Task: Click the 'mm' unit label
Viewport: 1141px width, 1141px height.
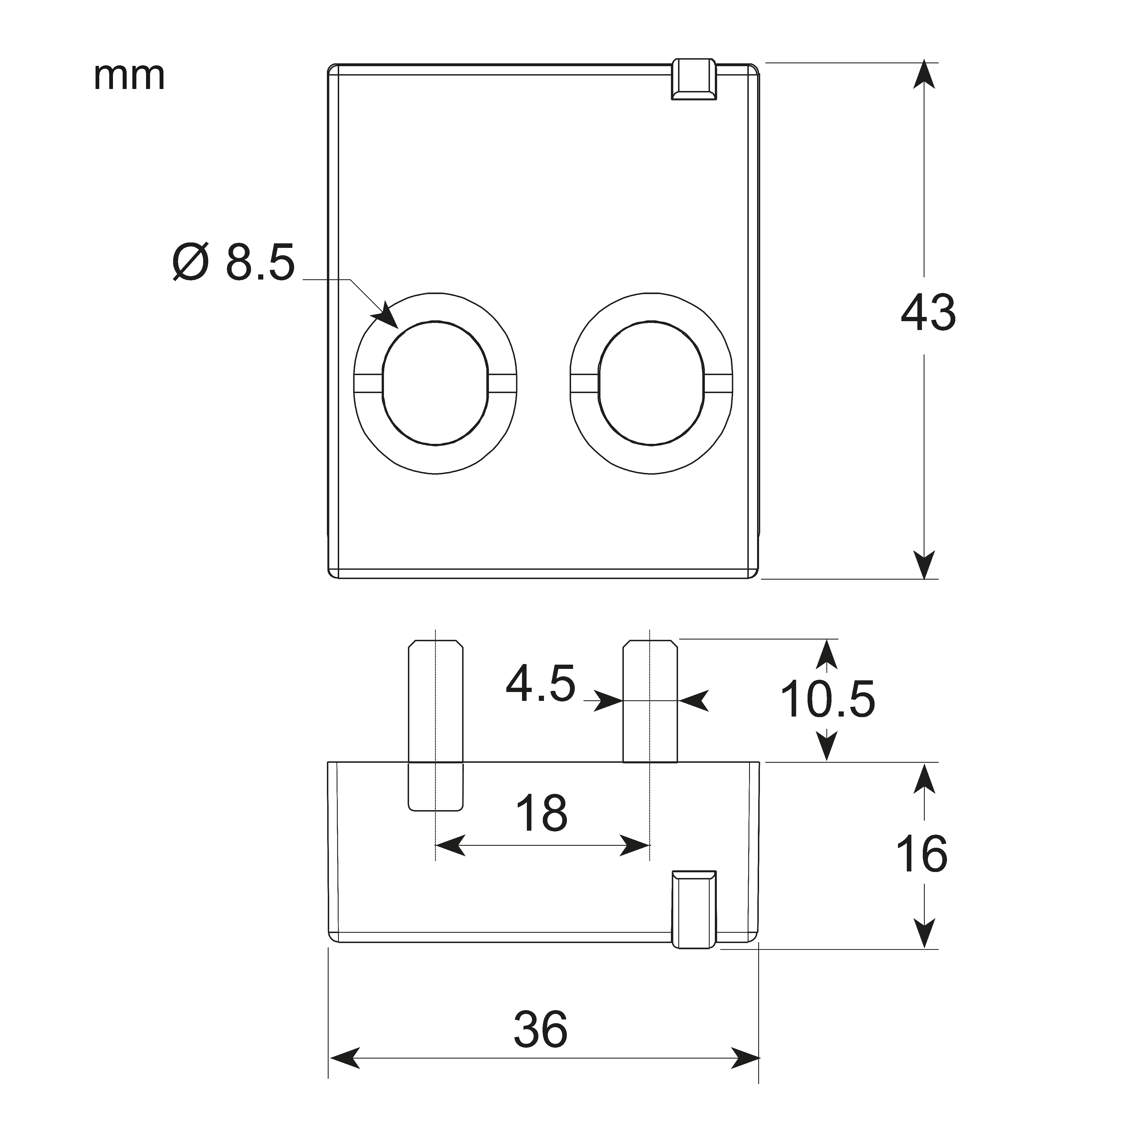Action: click(x=129, y=77)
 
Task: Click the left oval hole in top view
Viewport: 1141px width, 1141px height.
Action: click(x=435, y=383)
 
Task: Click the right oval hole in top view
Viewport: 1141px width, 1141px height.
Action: click(x=651, y=383)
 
